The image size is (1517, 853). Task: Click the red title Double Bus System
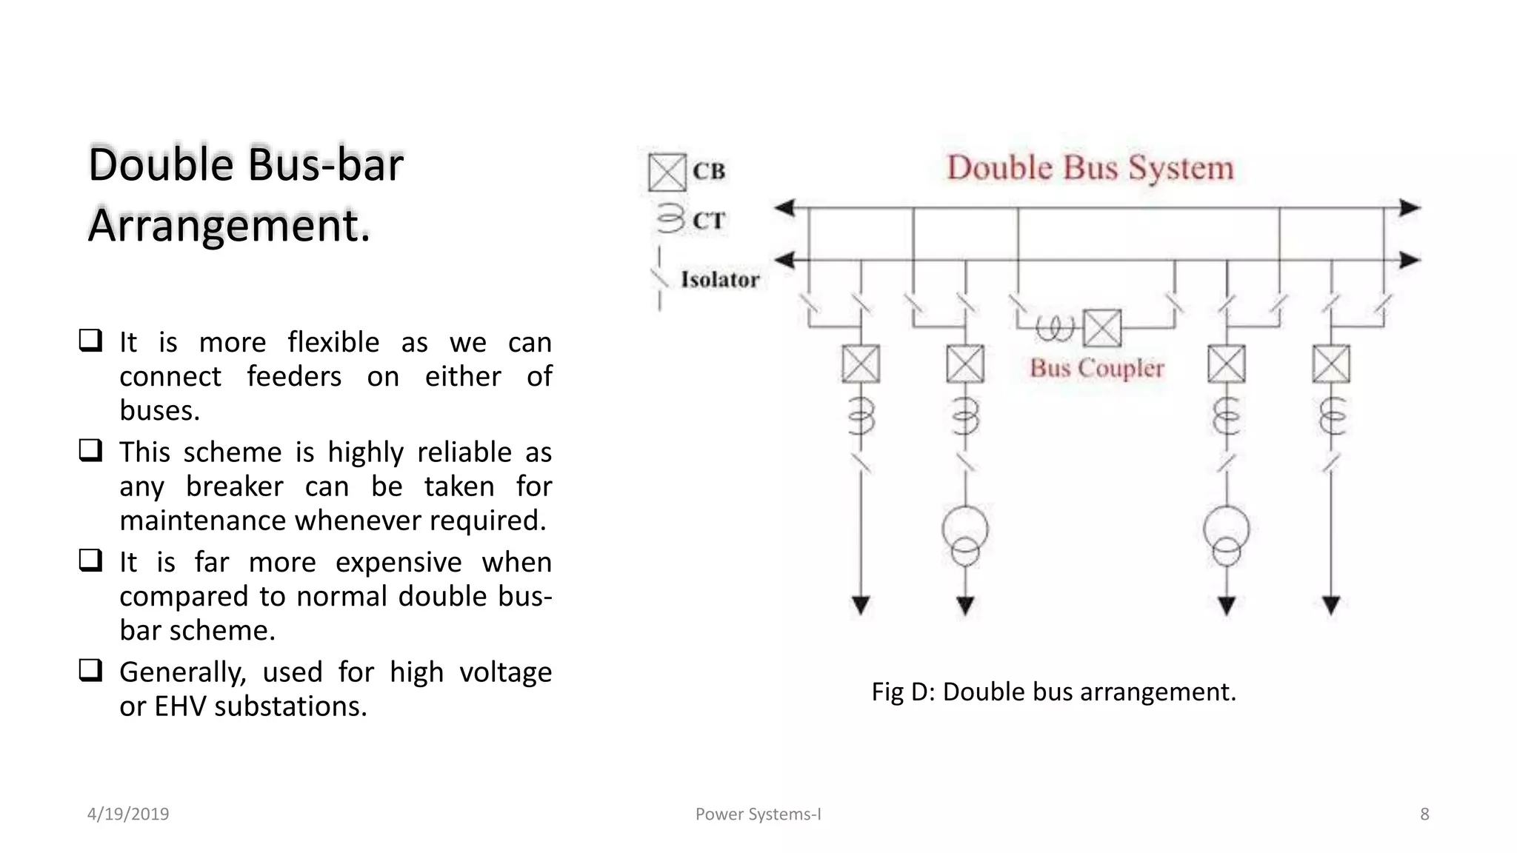tap(1090, 168)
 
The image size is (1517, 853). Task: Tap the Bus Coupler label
tap(1096, 368)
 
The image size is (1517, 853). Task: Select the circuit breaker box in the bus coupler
tap(1102, 328)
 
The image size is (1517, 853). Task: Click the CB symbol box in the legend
tap(667, 173)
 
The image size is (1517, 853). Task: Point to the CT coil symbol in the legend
tap(670, 219)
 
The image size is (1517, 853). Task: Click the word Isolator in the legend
tap(720, 280)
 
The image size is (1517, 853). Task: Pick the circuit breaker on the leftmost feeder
tap(861, 364)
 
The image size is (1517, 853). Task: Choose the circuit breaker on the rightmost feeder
tap(1331, 364)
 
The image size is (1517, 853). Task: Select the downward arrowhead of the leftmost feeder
tap(861, 606)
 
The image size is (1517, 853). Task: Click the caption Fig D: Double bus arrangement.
tap(1053, 692)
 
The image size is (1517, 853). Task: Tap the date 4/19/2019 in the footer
tap(128, 814)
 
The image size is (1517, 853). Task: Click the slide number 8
tap(1424, 814)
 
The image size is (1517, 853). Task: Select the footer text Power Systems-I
tap(758, 814)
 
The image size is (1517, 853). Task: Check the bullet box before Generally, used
tap(90, 670)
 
